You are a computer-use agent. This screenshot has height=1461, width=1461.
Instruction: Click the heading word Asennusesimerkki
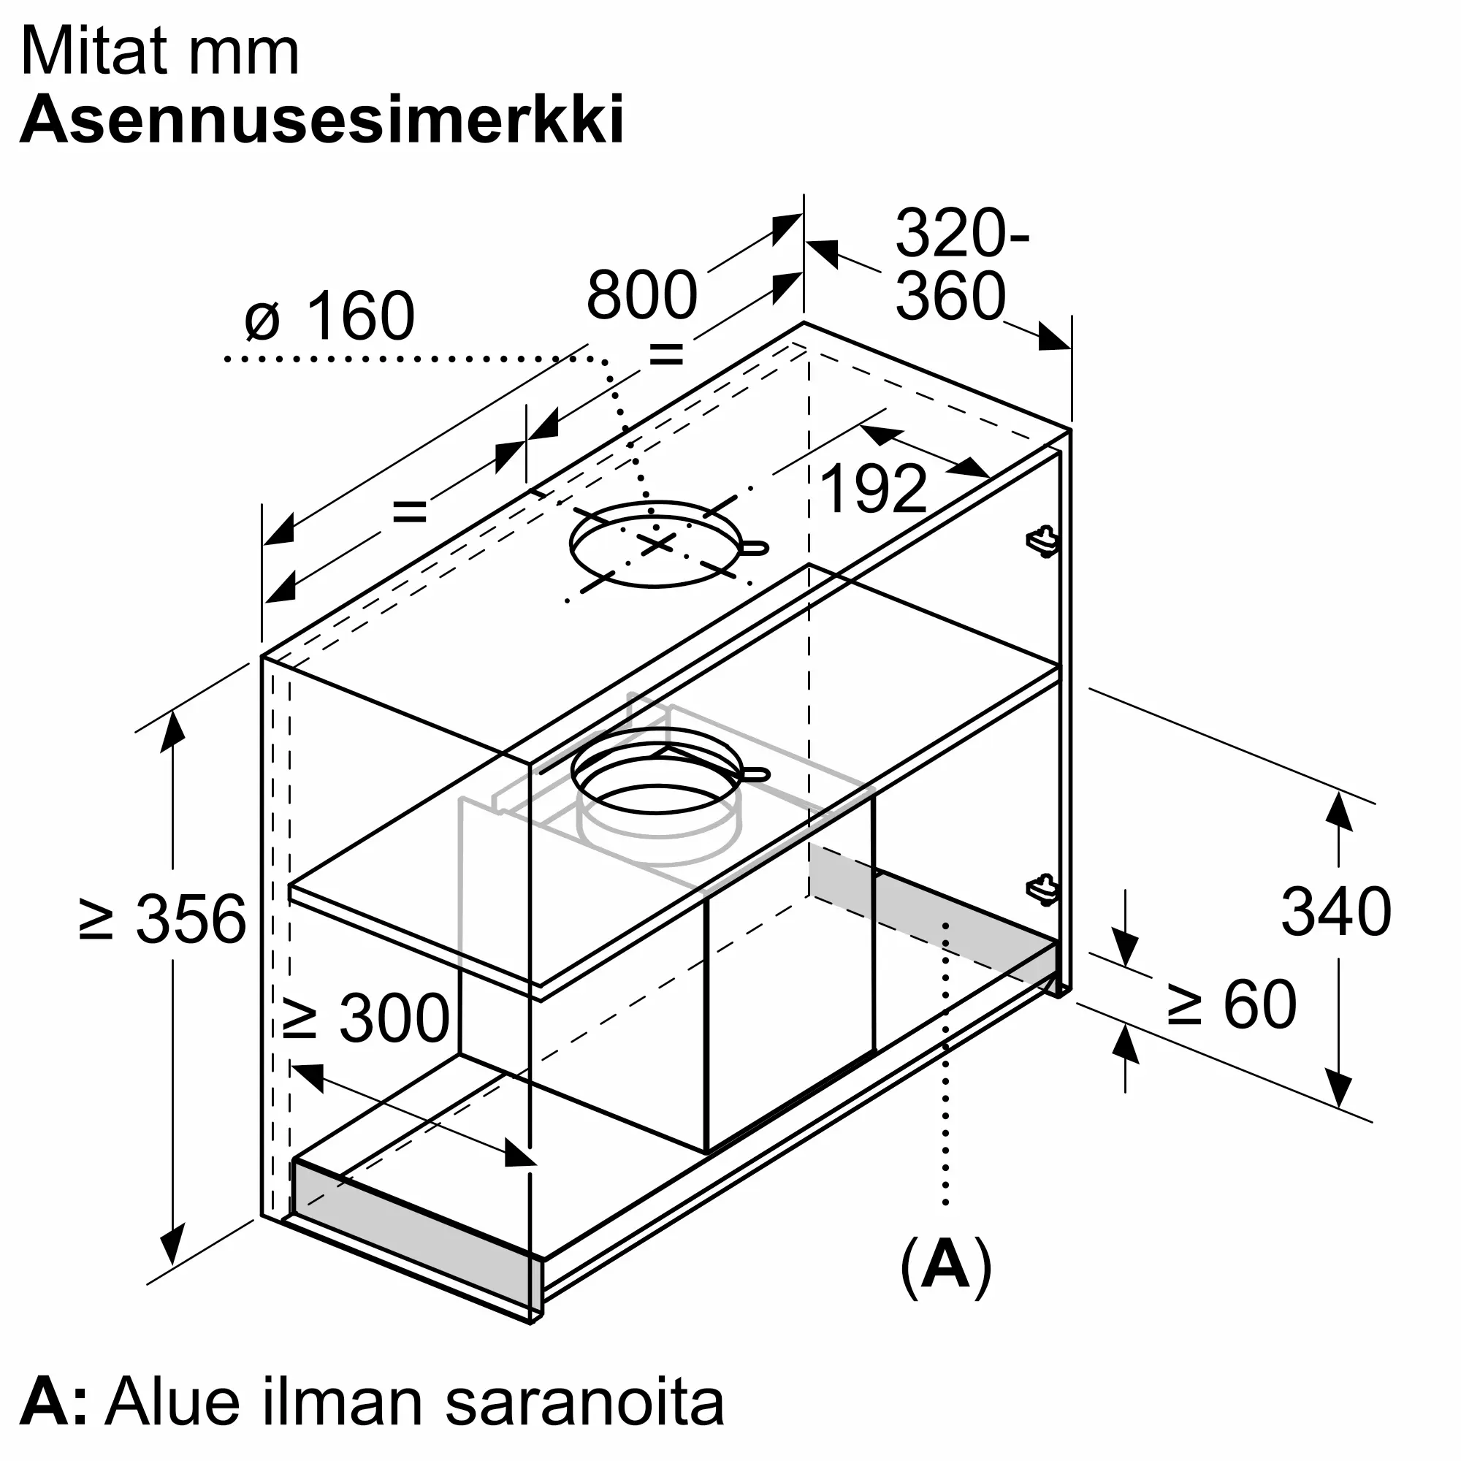(322, 120)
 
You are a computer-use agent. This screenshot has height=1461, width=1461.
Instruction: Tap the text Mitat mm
(160, 51)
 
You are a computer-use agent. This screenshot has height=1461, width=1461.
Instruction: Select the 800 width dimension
(641, 295)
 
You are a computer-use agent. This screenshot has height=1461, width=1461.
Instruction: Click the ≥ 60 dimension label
(1232, 1004)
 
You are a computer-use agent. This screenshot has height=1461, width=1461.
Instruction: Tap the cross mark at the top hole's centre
(657, 542)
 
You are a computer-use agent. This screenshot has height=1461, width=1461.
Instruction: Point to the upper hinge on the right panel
(1043, 540)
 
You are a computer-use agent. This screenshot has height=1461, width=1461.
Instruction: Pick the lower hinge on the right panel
(1043, 889)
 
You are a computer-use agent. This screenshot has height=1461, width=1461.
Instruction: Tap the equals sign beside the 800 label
(666, 353)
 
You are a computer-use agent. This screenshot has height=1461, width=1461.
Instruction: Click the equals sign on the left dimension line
(410, 512)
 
